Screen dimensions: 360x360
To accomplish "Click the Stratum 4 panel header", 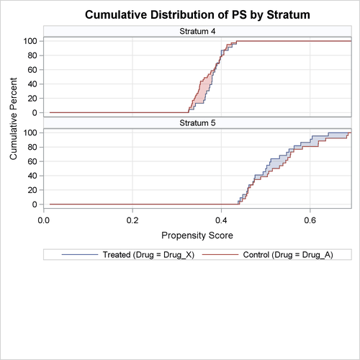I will coord(197,31).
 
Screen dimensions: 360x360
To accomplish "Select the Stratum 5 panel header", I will coord(197,123).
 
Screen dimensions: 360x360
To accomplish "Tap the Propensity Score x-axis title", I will coord(197,235).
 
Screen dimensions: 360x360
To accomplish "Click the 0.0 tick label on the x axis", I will coord(44,220).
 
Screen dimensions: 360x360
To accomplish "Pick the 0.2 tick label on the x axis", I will coord(132,220).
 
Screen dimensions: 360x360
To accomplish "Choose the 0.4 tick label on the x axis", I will coord(221,220).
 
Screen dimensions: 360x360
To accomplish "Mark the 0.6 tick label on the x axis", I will coord(310,220).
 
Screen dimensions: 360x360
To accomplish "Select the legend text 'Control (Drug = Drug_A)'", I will coord(287,255).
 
